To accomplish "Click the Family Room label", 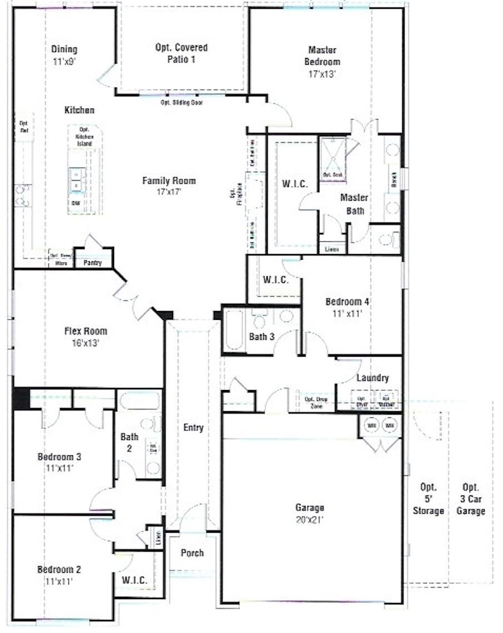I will point(169,181).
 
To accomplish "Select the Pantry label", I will point(92,262).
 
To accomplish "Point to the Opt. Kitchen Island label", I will point(85,137).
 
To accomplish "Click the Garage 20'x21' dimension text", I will point(309,519).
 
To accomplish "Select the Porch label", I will point(192,553).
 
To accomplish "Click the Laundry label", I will point(372,378).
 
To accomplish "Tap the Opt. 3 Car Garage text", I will point(470,498).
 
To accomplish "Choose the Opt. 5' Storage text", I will point(428,498).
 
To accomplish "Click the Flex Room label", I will point(85,331).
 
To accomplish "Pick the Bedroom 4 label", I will point(347,302).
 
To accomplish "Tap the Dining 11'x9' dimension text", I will point(64,62).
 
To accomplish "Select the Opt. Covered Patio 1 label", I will point(181,53).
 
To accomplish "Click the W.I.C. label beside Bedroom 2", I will point(134,581).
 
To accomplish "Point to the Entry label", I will point(193,428).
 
